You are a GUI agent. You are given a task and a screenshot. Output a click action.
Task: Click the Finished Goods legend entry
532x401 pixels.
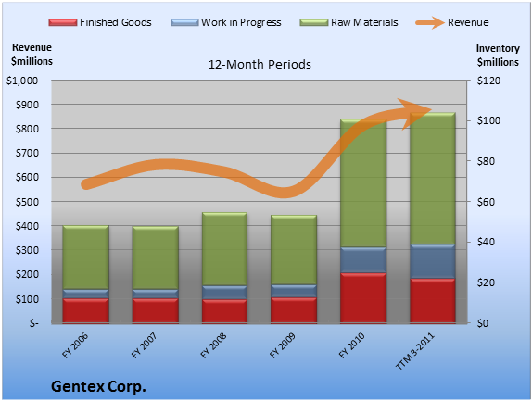pyautogui.click(x=100, y=22)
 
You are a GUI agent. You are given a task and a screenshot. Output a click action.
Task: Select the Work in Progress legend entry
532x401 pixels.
pyautogui.click(x=226, y=22)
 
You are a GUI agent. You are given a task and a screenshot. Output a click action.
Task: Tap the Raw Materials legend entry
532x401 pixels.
pyautogui.click(x=348, y=22)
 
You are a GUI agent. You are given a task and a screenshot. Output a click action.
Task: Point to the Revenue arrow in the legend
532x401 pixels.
pyautogui.click(x=430, y=22)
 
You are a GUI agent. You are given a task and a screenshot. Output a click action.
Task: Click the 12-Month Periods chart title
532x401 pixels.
pyautogui.click(x=260, y=64)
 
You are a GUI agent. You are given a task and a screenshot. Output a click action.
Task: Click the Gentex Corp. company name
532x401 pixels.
pyautogui.click(x=98, y=386)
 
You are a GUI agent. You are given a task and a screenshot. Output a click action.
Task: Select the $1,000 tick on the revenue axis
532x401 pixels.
pyautogui.click(x=22, y=81)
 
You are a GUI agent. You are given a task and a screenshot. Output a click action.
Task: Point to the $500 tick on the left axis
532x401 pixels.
pyautogui.click(x=28, y=202)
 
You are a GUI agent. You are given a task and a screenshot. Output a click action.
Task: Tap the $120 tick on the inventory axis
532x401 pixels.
pyautogui.click(x=488, y=81)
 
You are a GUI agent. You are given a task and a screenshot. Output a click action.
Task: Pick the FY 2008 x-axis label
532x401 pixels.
pyautogui.click(x=213, y=345)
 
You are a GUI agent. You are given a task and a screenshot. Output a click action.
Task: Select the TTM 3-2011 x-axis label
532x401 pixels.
pyautogui.click(x=415, y=351)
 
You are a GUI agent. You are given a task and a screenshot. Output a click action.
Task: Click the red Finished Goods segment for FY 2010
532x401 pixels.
pyautogui.click(x=363, y=297)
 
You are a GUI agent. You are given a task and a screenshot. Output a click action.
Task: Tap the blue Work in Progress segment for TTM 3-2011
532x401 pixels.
pyautogui.click(x=433, y=261)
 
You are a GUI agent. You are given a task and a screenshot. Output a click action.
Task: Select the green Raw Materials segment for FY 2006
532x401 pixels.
pyautogui.click(x=86, y=257)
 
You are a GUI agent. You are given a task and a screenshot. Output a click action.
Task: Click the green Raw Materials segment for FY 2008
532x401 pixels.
pyautogui.click(x=224, y=249)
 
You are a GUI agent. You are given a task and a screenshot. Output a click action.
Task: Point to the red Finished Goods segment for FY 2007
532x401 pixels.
pyautogui.click(x=156, y=310)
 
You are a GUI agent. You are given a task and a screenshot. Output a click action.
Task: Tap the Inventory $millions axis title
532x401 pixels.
pyautogui.click(x=498, y=56)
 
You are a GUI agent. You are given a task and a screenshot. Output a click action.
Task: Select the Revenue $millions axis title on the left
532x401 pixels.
pyautogui.click(x=32, y=55)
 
